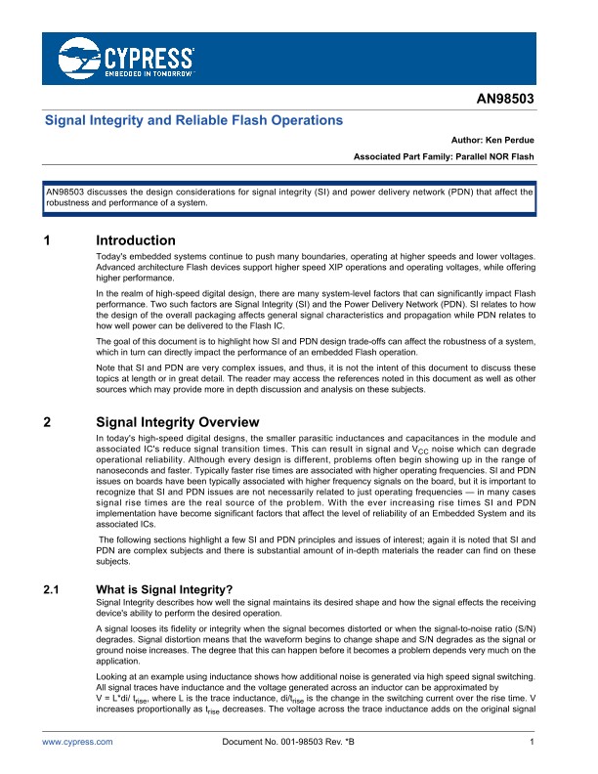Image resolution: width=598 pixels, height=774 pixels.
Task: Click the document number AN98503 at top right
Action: point(505,100)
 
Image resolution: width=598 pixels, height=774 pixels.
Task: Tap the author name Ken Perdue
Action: point(509,141)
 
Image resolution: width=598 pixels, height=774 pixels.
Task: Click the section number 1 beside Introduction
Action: point(48,240)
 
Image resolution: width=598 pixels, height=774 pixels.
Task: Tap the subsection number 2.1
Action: point(53,590)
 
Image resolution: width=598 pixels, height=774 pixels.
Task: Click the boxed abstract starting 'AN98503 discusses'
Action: point(288,197)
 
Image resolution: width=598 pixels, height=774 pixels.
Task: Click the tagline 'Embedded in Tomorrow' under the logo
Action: point(145,73)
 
